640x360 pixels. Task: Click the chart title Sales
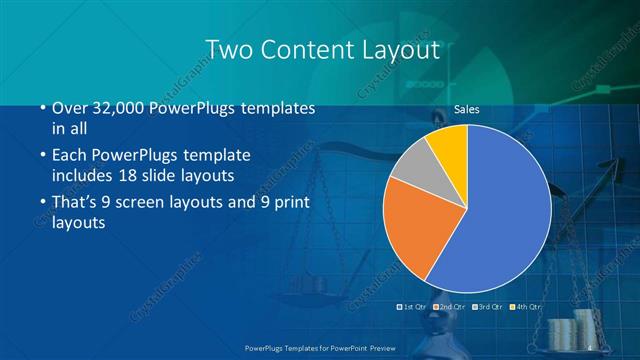(x=467, y=109)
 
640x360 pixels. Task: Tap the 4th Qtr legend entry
(x=529, y=307)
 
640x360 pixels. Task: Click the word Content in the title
(x=306, y=49)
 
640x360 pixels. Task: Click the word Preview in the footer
(x=379, y=346)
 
